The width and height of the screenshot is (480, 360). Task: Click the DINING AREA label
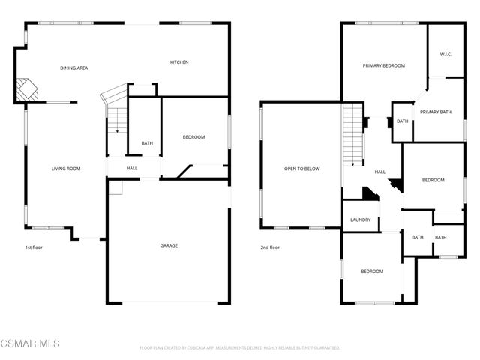[x=74, y=68]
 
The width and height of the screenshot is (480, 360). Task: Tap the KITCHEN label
[x=178, y=62]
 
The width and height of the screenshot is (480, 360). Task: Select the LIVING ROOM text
[x=66, y=169]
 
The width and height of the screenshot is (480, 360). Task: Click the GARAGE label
[x=169, y=245]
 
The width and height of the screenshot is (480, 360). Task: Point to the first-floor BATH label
[x=147, y=143]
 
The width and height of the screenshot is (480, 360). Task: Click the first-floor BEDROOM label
[x=194, y=137]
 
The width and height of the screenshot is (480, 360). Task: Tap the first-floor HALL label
[x=132, y=168]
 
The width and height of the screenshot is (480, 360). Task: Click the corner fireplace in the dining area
[x=28, y=90]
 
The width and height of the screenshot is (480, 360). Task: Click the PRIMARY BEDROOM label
[x=383, y=66]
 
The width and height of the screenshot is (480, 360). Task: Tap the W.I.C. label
[x=445, y=54]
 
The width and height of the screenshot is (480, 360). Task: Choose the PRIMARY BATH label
[x=435, y=112]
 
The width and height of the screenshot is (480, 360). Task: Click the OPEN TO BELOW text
[x=301, y=169]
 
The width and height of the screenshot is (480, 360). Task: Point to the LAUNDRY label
[x=361, y=220]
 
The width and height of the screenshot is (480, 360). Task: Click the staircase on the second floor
[x=353, y=135]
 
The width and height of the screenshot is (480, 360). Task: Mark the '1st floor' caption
[x=33, y=247]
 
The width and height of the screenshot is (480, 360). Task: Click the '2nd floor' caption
[x=270, y=247]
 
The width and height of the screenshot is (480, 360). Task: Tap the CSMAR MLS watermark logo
[x=30, y=343]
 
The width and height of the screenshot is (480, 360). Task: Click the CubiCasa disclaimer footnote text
[x=240, y=348]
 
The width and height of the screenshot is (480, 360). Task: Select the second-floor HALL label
[x=380, y=172]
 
